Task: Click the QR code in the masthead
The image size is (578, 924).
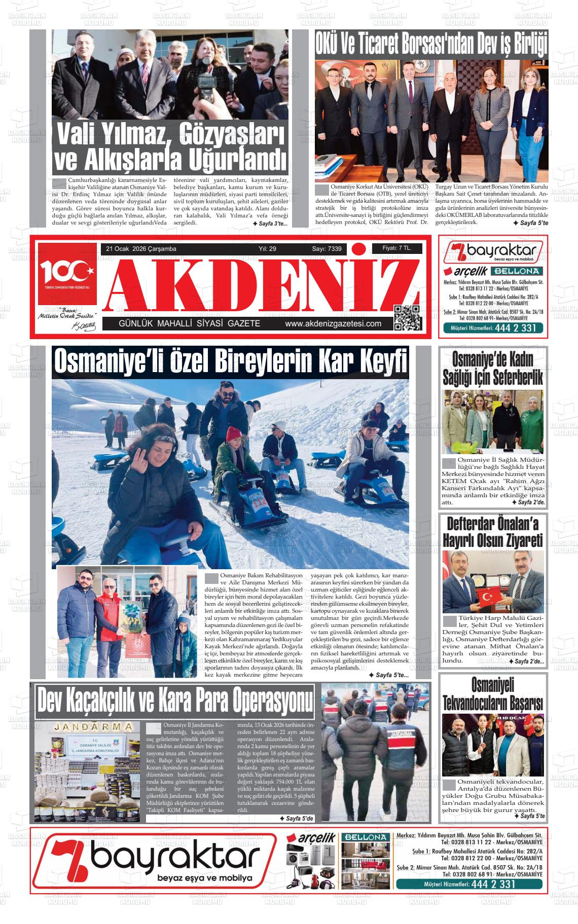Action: click(407, 318)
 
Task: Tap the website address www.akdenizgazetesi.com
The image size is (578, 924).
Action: click(333, 324)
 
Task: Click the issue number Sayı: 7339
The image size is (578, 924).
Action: click(327, 249)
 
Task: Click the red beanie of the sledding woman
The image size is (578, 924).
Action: click(234, 434)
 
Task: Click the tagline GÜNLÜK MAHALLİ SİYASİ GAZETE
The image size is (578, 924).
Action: click(189, 324)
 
